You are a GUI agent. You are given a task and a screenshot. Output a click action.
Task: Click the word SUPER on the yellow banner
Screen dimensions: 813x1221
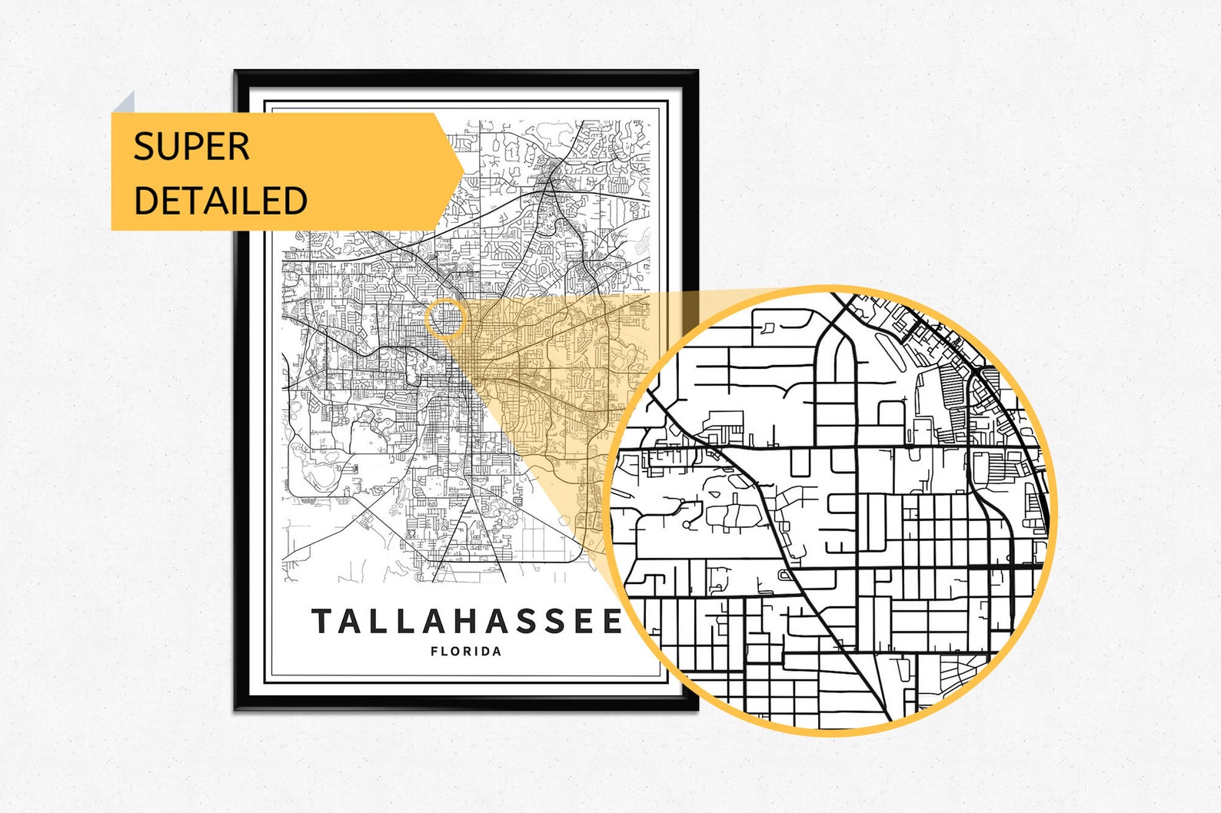[x=191, y=146]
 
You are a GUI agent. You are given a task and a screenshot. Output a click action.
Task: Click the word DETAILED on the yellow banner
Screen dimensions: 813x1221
[x=220, y=200]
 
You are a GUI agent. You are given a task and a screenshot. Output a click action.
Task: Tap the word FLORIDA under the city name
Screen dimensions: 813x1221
[x=466, y=652]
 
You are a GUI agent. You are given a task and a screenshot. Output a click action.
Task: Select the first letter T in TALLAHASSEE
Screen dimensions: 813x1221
[x=321, y=621]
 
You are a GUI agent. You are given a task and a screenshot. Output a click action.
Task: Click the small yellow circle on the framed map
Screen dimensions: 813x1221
[x=445, y=319]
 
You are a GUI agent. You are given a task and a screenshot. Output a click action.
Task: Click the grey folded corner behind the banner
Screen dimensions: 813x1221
[x=125, y=104]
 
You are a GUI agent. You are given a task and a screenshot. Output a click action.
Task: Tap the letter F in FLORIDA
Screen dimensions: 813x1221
[x=434, y=652]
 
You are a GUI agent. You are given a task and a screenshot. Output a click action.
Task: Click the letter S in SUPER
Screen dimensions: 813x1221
[x=143, y=146]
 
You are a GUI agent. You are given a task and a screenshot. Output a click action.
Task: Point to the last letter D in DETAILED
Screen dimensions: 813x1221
[x=296, y=200]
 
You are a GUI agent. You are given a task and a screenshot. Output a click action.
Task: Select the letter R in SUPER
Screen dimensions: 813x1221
[x=239, y=146]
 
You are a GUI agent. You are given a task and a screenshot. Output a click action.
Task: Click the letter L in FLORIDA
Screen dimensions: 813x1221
[x=445, y=652]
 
